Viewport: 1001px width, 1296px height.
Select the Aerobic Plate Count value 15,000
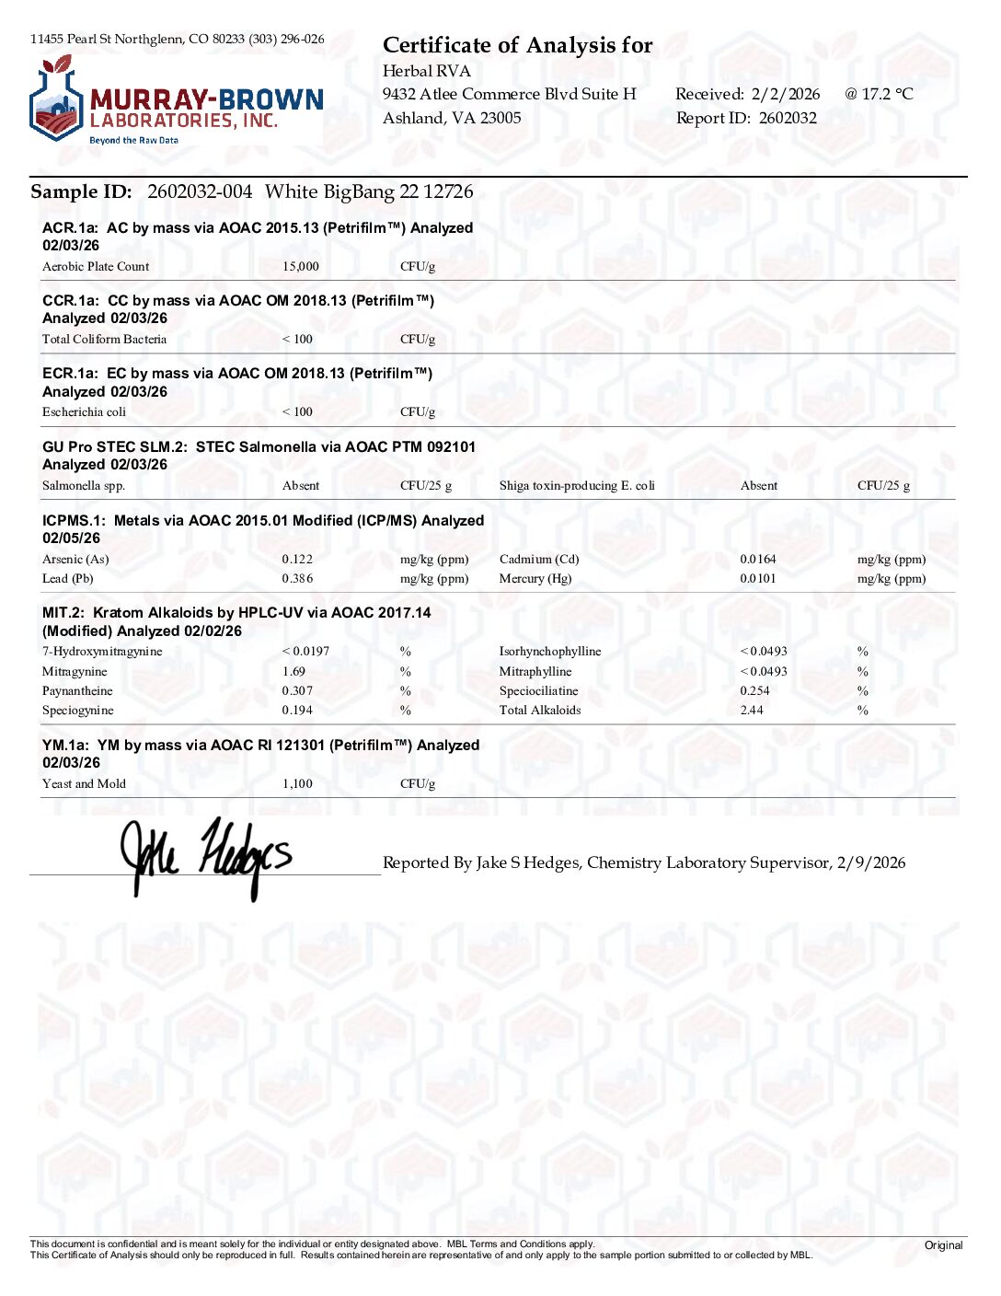(x=300, y=267)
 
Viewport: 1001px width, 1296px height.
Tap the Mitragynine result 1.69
(x=293, y=672)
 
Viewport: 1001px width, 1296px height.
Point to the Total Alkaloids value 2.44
(x=752, y=711)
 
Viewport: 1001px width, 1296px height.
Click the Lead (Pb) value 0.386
(x=297, y=579)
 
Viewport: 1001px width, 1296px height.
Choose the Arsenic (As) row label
(x=75, y=560)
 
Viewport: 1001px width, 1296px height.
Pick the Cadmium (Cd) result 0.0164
(x=758, y=560)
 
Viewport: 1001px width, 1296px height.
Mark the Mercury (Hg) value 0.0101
(x=758, y=579)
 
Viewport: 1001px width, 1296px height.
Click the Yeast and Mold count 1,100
(x=297, y=784)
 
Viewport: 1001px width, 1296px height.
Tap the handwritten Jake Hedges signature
(x=206, y=856)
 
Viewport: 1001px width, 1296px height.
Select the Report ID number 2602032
(x=788, y=118)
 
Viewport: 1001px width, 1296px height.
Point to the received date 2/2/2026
(x=785, y=94)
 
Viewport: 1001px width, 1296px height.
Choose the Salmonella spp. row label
(x=84, y=486)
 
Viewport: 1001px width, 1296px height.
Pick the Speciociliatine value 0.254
(x=754, y=691)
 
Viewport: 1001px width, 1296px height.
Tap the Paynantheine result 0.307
(x=297, y=691)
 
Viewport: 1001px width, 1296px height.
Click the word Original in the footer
(x=943, y=1245)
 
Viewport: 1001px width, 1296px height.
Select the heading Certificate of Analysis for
(x=517, y=45)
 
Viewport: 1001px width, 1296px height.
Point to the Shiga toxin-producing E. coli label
(x=577, y=486)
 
